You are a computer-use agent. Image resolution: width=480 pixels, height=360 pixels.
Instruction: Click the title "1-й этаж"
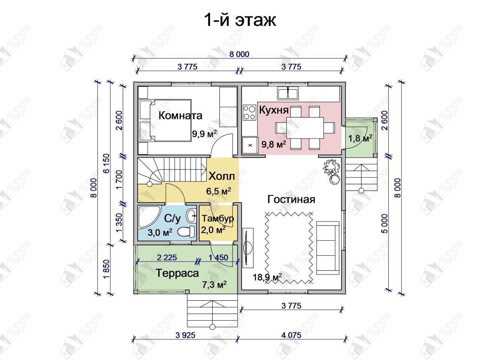tap(240, 21)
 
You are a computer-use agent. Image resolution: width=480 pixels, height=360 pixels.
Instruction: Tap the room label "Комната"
tap(180, 115)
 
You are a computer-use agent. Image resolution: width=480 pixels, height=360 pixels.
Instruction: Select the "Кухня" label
tap(274, 110)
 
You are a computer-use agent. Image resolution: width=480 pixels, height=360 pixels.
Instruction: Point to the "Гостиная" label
tap(291, 199)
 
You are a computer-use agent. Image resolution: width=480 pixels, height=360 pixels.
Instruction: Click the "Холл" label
tap(222, 176)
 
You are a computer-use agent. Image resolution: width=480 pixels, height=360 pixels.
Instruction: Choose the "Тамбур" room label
tap(218, 219)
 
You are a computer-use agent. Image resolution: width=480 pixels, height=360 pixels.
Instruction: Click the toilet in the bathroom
tap(186, 231)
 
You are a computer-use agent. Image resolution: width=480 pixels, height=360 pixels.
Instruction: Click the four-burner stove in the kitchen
tap(249, 112)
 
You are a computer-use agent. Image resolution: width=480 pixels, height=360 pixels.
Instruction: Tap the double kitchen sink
tap(288, 93)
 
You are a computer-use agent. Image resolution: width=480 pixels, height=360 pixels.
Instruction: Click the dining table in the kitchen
tap(305, 128)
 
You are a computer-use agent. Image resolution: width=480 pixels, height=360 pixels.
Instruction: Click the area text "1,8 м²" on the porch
tap(360, 138)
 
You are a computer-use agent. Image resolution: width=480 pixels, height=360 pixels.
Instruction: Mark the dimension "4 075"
tap(291, 335)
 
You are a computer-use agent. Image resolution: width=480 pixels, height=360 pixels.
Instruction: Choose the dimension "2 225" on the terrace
tap(167, 258)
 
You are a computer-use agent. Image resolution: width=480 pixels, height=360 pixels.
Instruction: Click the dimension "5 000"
tap(385, 223)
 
